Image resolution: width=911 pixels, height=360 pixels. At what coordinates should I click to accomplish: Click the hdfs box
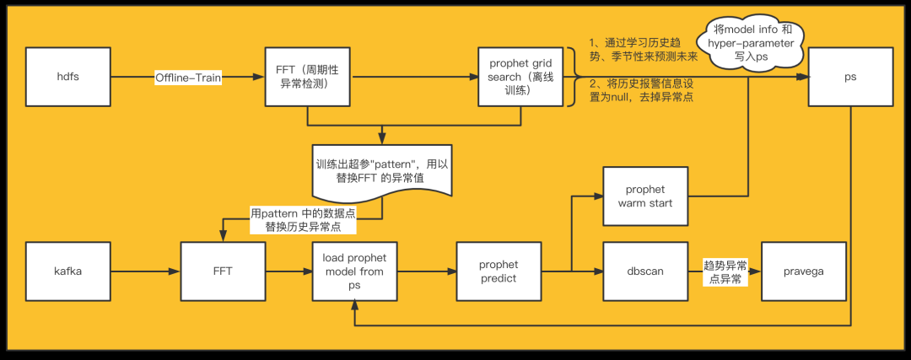(68, 78)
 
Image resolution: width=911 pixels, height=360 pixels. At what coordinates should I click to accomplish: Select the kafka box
(68, 271)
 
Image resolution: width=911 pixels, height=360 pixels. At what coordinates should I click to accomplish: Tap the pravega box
(805, 271)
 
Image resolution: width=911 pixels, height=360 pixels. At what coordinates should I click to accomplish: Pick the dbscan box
(645, 271)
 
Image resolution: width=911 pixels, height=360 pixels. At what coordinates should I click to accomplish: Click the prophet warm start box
(645, 196)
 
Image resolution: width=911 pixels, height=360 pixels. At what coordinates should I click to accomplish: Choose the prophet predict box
(499, 271)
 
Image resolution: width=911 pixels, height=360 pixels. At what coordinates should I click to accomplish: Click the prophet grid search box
(520, 78)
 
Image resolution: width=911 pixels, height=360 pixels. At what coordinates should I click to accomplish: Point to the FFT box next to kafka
(223, 271)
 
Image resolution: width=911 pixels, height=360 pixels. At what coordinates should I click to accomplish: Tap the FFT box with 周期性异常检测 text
(307, 78)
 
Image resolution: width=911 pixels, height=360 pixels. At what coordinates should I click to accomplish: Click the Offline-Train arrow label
(188, 78)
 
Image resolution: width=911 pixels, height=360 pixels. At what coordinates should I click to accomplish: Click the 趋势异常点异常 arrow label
(725, 272)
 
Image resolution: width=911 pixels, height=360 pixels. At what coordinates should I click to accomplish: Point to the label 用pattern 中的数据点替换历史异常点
(303, 220)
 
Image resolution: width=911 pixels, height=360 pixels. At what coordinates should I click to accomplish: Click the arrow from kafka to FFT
(146, 271)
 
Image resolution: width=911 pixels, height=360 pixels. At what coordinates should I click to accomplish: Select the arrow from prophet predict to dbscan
(572, 271)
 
